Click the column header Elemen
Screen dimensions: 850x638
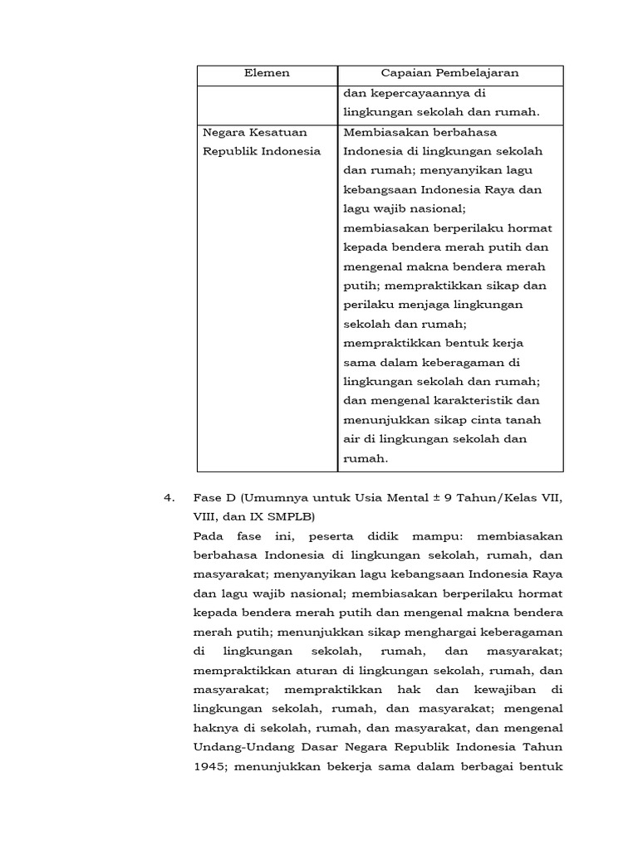point(267,73)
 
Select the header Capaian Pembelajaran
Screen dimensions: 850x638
point(449,73)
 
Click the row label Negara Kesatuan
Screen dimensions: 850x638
point(255,132)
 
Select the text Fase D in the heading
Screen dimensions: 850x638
point(216,498)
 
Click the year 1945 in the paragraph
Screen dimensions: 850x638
point(209,767)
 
